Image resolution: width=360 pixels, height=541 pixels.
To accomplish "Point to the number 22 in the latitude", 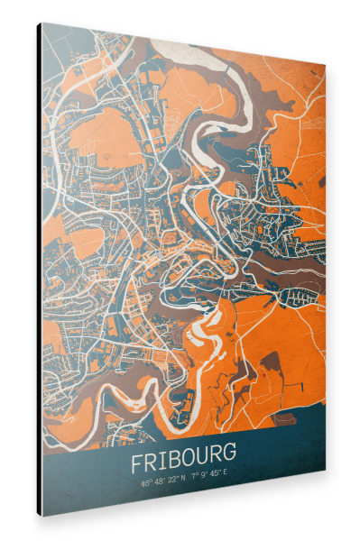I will (171, 481).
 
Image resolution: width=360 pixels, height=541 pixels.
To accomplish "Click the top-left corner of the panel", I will (41, 23).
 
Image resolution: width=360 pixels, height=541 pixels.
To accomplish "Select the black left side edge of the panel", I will (40, 270).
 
